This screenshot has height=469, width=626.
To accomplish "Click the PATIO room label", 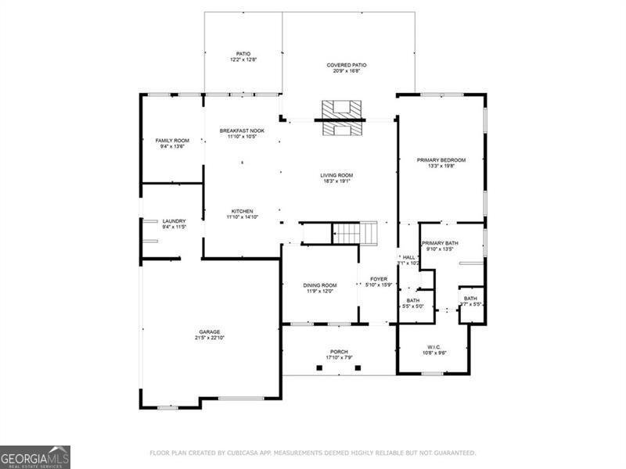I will coord(243,54).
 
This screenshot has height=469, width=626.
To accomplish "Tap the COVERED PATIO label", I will coord(347,65).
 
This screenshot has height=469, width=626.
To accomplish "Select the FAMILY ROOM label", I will coord(172,140).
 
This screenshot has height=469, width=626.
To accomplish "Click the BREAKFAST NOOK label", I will coord(242,131).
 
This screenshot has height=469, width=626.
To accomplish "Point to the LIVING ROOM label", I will coord(336,175).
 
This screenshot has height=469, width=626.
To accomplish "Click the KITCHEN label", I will coord(242,211).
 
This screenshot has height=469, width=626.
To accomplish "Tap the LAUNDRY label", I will coord(174,221).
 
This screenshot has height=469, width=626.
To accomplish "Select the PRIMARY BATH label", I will coord(440,243).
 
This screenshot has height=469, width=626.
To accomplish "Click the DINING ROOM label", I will coord(319,285).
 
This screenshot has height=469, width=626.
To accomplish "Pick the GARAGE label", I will coord(209,331).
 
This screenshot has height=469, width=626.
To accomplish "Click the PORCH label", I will coord(339,352).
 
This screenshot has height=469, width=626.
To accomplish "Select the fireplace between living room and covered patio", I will coord(340,120).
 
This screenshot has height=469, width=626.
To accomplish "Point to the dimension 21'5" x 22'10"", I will coord(209,338).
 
